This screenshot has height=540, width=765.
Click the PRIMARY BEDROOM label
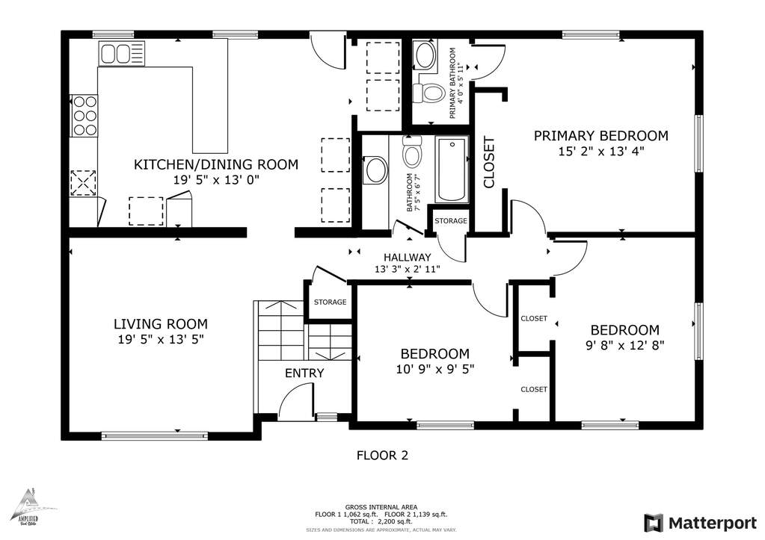click(600, 136)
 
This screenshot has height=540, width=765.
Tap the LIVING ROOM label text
click(160, 324)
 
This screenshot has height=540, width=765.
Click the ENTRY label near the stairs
click(304, 373)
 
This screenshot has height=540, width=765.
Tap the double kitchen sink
click(116, 54)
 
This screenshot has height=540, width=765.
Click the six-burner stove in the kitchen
click(85, 116)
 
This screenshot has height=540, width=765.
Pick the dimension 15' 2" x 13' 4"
click(600, 151)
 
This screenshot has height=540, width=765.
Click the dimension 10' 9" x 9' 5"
click(434, 368)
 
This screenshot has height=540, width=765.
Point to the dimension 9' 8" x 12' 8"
click(624, 344)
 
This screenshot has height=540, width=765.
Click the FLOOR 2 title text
click(381, 455)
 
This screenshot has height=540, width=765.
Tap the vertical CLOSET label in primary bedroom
click(489, 161)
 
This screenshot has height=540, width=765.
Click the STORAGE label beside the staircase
click(330, 302)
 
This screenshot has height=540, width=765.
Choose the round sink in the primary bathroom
click(426, 55)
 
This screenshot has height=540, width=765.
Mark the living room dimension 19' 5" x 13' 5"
click(160, 339)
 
